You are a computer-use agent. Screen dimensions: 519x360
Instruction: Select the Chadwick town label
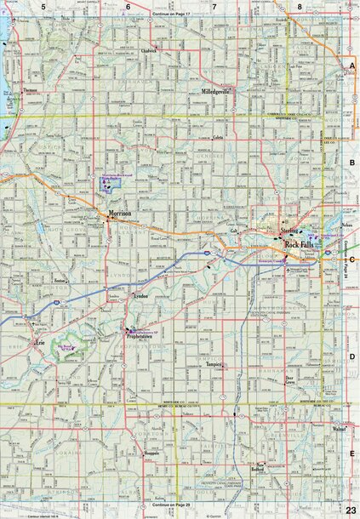coord(151,50)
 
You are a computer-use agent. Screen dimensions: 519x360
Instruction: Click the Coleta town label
coord(219,138)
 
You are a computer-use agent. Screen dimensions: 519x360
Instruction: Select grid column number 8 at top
coord(300,7)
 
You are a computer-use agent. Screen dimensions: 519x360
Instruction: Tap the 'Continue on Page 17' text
coord(174,16)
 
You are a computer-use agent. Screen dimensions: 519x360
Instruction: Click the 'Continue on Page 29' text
coord(174,505)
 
